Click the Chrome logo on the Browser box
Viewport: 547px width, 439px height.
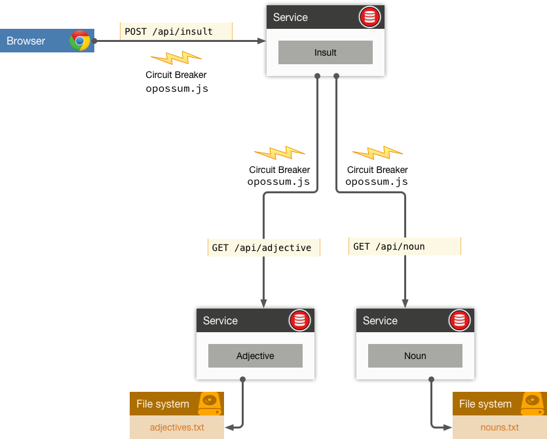point(80,41)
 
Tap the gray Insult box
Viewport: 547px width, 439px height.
point(325,52)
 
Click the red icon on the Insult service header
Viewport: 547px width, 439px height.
point(369,18)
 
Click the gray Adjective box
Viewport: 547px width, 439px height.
point(255,356)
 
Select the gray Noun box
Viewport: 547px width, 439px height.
point(415,356)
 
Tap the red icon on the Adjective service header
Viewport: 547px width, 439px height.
point(299,320)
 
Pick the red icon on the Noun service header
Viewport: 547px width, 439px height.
point(459,320)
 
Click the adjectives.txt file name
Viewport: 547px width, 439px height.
point(177,428)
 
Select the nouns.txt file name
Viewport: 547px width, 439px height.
point(499,428)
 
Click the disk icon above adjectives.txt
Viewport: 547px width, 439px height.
point(210,403)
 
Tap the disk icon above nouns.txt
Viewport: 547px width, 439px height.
point(533,403)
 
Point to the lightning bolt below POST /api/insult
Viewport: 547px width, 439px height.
point(176,58)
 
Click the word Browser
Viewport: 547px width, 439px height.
point(26,41)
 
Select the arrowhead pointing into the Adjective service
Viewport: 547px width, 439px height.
point(263,303)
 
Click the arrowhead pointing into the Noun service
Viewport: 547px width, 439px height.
point(405,303)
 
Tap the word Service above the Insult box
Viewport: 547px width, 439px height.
point(290,18)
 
